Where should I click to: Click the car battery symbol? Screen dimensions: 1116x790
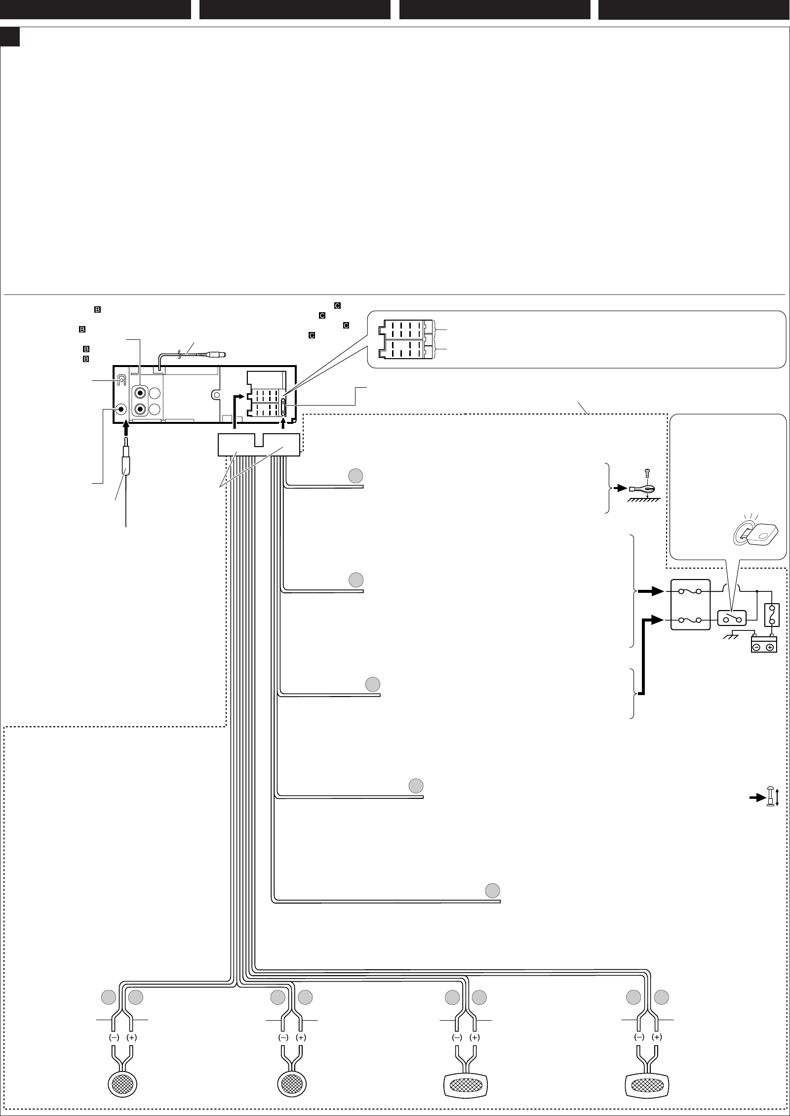coord(764,645)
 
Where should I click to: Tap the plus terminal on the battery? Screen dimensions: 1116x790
coord(770,647)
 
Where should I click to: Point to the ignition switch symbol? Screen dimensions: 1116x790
coord(731,618)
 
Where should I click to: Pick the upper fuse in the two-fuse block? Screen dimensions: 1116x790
coord(690,591)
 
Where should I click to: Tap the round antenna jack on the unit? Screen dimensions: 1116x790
coord(121,409)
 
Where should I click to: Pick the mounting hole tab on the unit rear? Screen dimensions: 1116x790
coord(215,395)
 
